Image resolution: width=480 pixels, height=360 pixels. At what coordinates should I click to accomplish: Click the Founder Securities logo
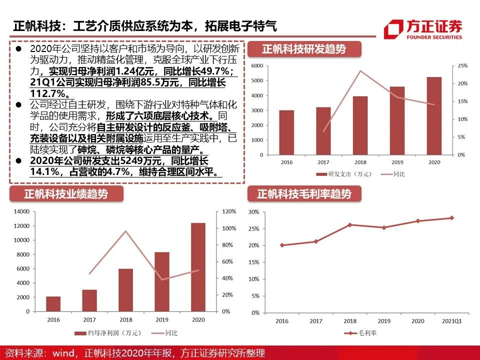click(423, 29)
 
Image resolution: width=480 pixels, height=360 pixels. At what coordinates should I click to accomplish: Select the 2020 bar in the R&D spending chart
click(434, 116)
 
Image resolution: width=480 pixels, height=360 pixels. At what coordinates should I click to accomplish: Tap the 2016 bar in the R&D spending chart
click(286, 132)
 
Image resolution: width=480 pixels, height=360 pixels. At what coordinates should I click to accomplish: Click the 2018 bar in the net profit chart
click(126, 290)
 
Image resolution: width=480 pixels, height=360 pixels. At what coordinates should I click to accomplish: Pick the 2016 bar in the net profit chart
click(53, 304)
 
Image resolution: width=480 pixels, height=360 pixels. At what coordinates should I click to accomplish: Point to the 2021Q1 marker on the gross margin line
click(452, 218)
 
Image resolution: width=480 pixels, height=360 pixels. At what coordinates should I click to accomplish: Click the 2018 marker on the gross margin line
click(350, 224)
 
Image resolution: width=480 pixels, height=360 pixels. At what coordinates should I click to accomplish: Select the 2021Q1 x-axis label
click(451, 321)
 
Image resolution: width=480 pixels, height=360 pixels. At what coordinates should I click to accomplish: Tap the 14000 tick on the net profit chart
click(21, 211)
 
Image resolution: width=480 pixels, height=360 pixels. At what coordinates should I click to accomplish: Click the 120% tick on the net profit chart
click(229, 211)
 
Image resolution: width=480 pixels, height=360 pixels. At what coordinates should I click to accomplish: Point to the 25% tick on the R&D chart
click(462, 66)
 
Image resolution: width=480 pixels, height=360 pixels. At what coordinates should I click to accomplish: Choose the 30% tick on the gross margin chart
click(254, 212)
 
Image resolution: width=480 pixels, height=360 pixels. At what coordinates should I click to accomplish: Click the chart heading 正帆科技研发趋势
click(304, 49)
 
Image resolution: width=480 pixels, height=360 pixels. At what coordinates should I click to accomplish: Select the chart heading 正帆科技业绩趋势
click(66, 194)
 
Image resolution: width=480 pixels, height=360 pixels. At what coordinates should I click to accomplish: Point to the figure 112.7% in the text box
click(48, 93)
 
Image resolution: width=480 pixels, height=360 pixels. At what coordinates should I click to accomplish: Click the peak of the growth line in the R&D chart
click(360, 71)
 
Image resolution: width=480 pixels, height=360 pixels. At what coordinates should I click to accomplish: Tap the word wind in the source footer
click(63, 353)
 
